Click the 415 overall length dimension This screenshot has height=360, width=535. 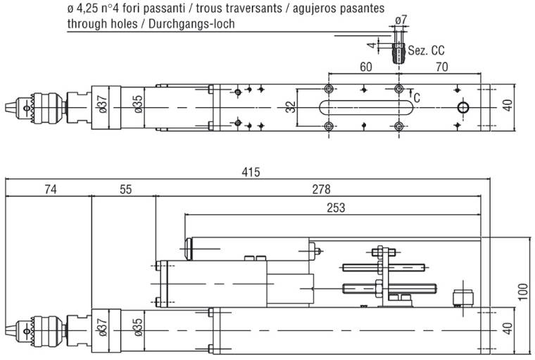click(251, 172)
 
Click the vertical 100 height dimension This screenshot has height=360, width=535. click(522, 291)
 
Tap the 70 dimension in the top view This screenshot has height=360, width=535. click(443, 68)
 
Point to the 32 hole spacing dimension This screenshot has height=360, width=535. click(291, 107)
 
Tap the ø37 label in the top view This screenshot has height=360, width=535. click(102, 106)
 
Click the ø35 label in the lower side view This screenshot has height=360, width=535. click(138, 329)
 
